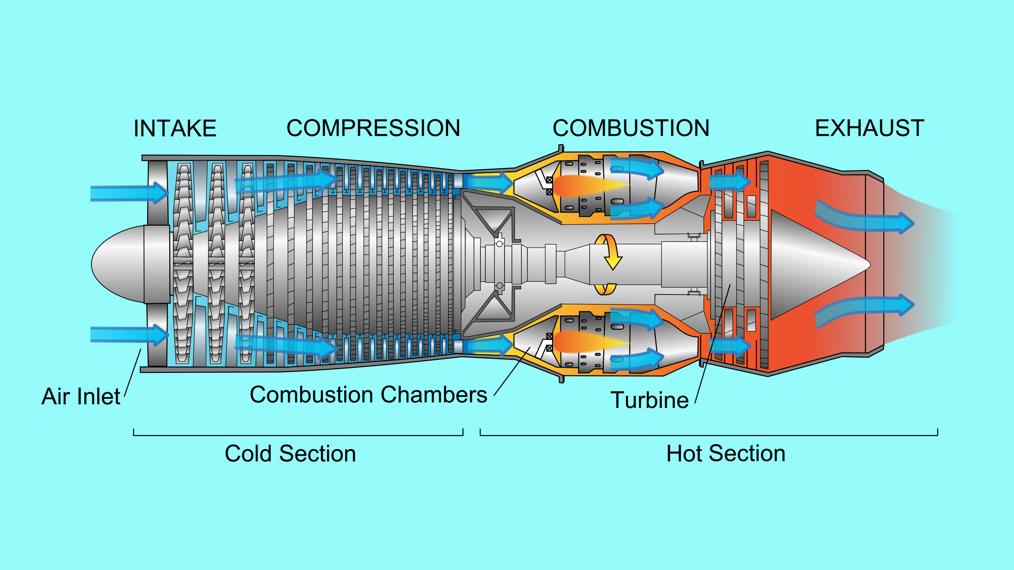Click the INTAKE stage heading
[175, 128]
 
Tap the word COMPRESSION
[373, 128]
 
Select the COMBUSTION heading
[631, 128]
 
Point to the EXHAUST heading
[870, 128]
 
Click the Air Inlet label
[81, 396]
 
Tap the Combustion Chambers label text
[368, 395]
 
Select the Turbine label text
[650, 400]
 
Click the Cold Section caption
[290, 454]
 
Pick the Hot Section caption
[726, 454]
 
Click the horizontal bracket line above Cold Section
[298, 436]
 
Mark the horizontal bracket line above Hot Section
[709, 436]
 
